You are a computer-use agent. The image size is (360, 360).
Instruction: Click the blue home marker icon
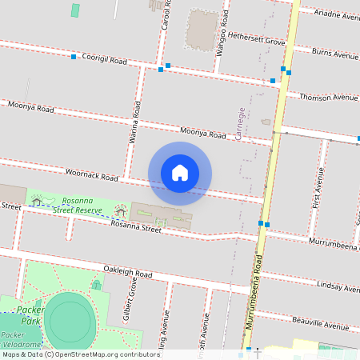click(180, 173)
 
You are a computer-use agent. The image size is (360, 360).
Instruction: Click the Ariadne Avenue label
click(337, 16)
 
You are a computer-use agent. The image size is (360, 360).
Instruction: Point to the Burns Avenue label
click(334, 55)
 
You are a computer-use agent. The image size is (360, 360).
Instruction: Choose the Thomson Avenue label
click(328, 97)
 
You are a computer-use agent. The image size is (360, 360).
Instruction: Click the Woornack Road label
click(91, 174)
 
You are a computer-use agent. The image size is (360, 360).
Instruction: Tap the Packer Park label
click(30, 313)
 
